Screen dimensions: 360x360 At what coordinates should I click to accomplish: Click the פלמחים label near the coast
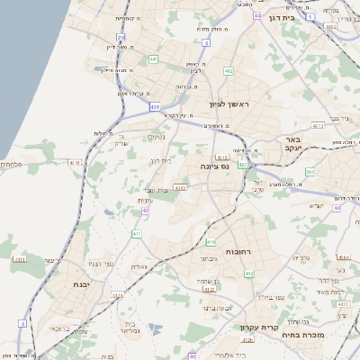pyautogui.click(x=10, y=163)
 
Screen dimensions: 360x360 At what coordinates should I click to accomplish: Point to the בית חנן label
pyautogui.click(x=160, y=160)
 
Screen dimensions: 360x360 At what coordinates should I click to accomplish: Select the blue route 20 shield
pyautogui.click(x=121, y=37)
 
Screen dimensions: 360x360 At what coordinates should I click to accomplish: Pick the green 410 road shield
pyautogui.click(x=211, y=242)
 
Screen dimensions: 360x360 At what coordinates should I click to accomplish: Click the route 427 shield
pyautogui.click(x=244, y=165)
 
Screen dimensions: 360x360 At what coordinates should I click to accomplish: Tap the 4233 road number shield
pyautogui.click(x=180, y=187)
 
